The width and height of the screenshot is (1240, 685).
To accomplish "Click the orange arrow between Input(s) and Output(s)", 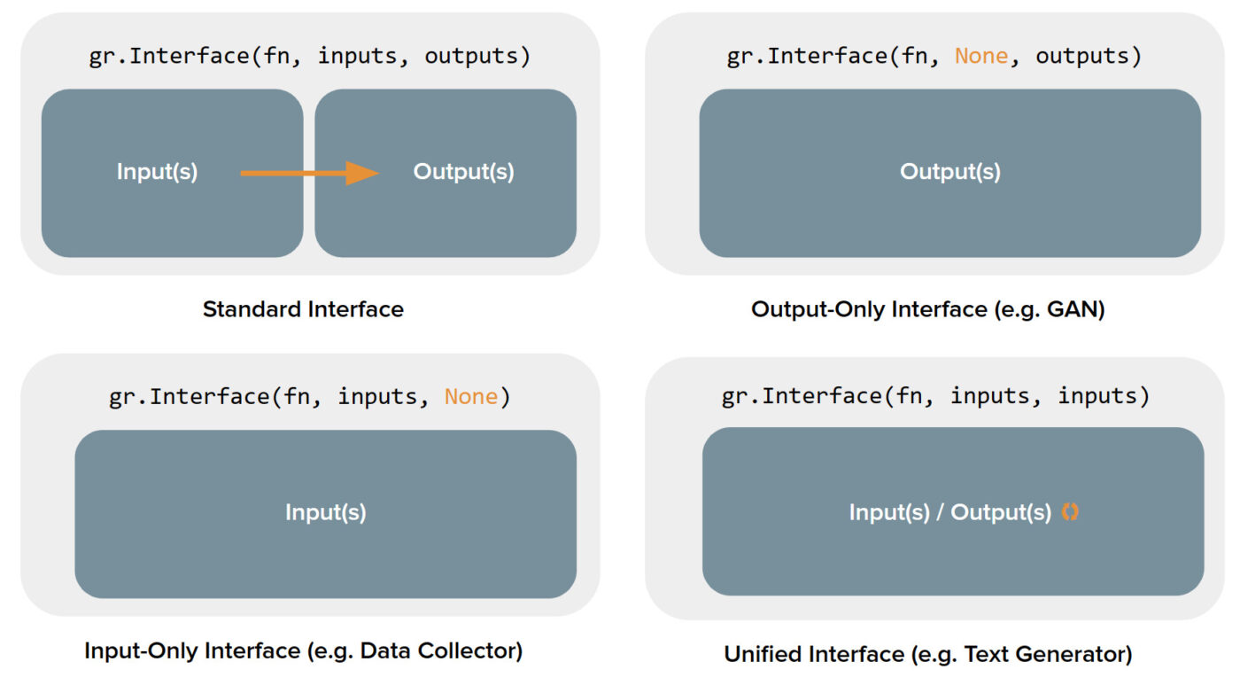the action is pos(309,174).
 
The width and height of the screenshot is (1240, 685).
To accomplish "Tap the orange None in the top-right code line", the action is pos(981,56).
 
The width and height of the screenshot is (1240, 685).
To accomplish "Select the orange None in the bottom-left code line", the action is pos(471,397).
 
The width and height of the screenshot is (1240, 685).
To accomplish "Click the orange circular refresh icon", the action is pos(1070,511).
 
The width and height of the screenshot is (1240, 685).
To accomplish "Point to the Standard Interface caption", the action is pos(303,309).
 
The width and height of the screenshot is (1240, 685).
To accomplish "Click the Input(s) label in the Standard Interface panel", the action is pos(158,172).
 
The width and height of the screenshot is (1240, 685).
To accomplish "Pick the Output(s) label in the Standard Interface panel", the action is pos(464,172).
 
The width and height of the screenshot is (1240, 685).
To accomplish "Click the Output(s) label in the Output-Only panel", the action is pos(950,172).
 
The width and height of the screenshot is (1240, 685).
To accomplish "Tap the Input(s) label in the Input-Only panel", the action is pos(326,512).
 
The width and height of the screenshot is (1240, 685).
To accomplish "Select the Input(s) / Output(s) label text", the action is pos(950,512).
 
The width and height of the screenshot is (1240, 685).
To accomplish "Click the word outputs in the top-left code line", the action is pos(471,56).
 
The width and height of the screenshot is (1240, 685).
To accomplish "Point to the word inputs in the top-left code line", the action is pos(358,56).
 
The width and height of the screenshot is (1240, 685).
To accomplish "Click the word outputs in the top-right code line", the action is pos(1082,56).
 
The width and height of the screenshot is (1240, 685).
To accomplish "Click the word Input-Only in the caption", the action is pos(142,650).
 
